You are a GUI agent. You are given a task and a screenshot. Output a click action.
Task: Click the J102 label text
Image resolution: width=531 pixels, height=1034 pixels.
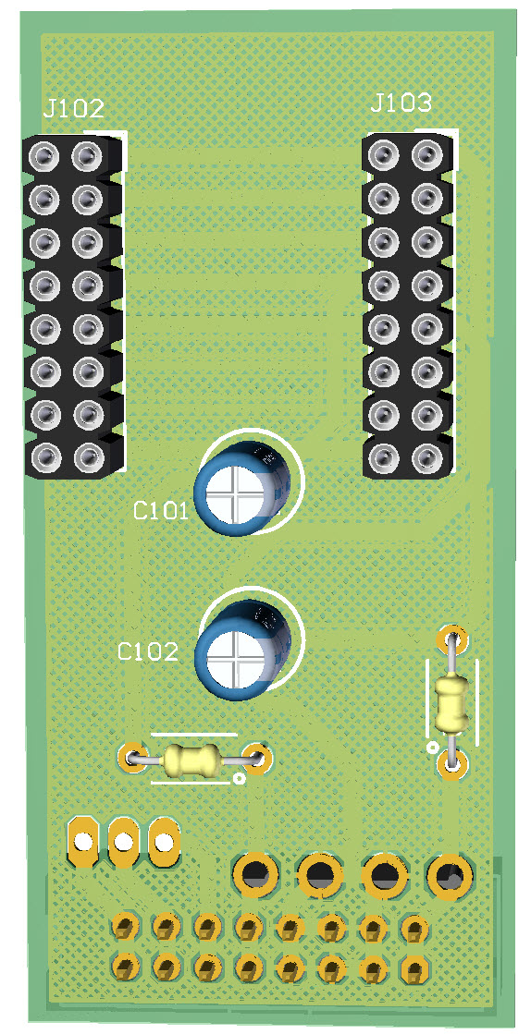click(74, 109)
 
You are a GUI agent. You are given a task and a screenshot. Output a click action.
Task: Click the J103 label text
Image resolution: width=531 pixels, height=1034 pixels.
click(401, 103)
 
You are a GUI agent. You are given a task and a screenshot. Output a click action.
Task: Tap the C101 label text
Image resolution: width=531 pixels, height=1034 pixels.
click(160, 511)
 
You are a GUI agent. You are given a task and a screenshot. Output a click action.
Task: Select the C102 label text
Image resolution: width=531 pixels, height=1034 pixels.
click(148, 651)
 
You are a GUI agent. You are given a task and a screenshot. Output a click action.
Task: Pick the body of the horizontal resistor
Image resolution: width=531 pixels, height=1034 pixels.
click(191, 760)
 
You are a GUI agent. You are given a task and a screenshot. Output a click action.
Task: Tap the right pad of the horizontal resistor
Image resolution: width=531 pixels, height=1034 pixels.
click(256, 759)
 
